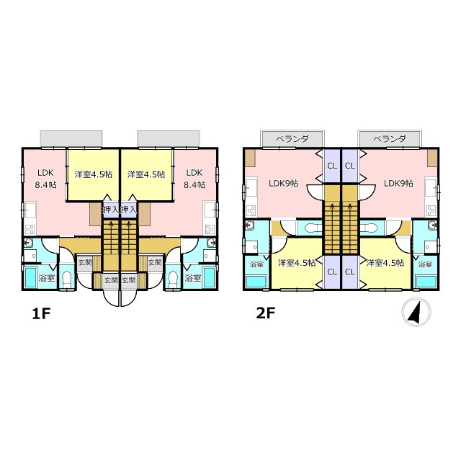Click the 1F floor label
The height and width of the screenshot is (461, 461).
click(x=41, y=314)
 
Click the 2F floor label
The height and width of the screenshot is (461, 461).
click(x=266, y=314)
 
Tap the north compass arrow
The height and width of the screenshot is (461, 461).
click(x=416, y=311)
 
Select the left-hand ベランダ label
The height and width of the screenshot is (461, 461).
click(x=292, y=139)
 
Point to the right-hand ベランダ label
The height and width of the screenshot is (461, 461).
click(x=390, y=139)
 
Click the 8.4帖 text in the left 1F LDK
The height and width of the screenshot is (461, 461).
click(x=46, y=185)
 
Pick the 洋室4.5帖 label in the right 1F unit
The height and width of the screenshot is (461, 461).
click(x=146, y=174)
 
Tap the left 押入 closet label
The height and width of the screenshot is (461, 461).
click(x=110, y=210)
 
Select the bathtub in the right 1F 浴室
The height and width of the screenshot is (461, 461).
click(x=209, y=277)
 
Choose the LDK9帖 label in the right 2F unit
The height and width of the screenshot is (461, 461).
click(x=398, y=184)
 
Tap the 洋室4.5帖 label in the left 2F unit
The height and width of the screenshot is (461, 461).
click(x=297, y=262)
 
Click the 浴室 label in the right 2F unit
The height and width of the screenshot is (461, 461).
click(x=425, y=264)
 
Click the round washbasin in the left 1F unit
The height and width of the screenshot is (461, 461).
click(x=29, y=243)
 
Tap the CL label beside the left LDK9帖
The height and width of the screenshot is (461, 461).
click(x=332, y=166)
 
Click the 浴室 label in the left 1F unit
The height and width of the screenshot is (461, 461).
click(x=46, y=278)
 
